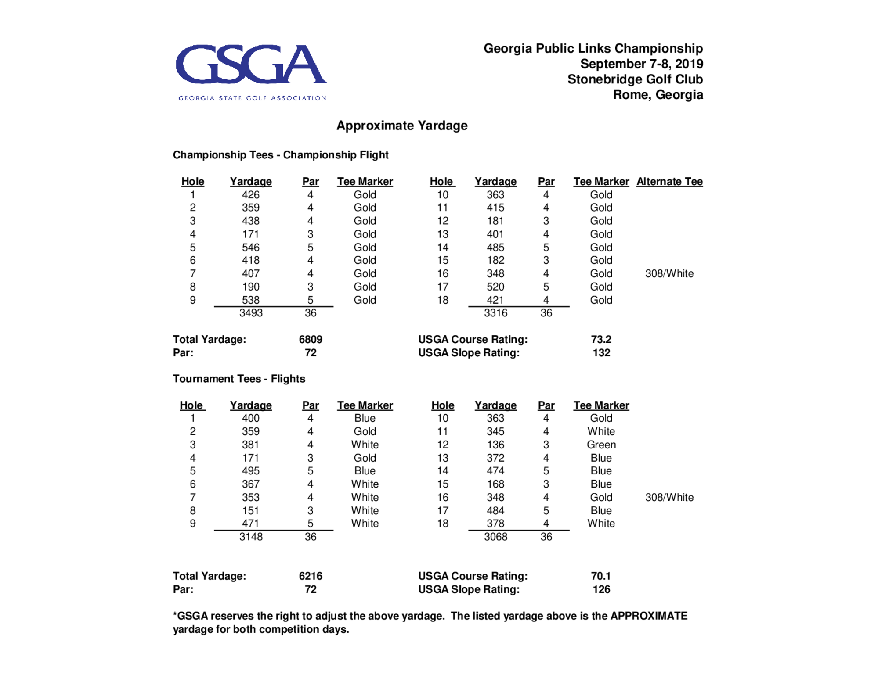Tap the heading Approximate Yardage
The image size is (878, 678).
(401, 126)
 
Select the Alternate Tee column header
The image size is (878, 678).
(669, 182)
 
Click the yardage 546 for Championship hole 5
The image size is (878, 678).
(250, 248)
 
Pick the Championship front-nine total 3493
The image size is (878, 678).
(250, 313)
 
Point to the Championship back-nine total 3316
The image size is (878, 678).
(495, 313)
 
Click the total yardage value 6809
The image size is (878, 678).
(310, 340)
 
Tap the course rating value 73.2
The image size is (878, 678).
(601, 340)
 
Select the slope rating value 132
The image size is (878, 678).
(601, 353)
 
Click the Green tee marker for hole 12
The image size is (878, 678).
(601, 445)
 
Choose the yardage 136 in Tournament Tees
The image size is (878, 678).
(495, 445)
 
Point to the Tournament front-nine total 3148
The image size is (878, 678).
(250, 537)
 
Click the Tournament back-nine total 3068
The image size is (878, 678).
(495, 537)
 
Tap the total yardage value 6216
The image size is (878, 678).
(310, 576)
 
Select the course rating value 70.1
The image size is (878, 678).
(601, 576)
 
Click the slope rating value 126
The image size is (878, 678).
(601, 589)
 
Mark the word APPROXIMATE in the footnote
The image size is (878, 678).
(648, 616)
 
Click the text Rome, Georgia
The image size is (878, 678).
(658, 95)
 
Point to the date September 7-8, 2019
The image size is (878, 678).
(641, 64)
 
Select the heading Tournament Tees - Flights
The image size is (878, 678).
(239, 379)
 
